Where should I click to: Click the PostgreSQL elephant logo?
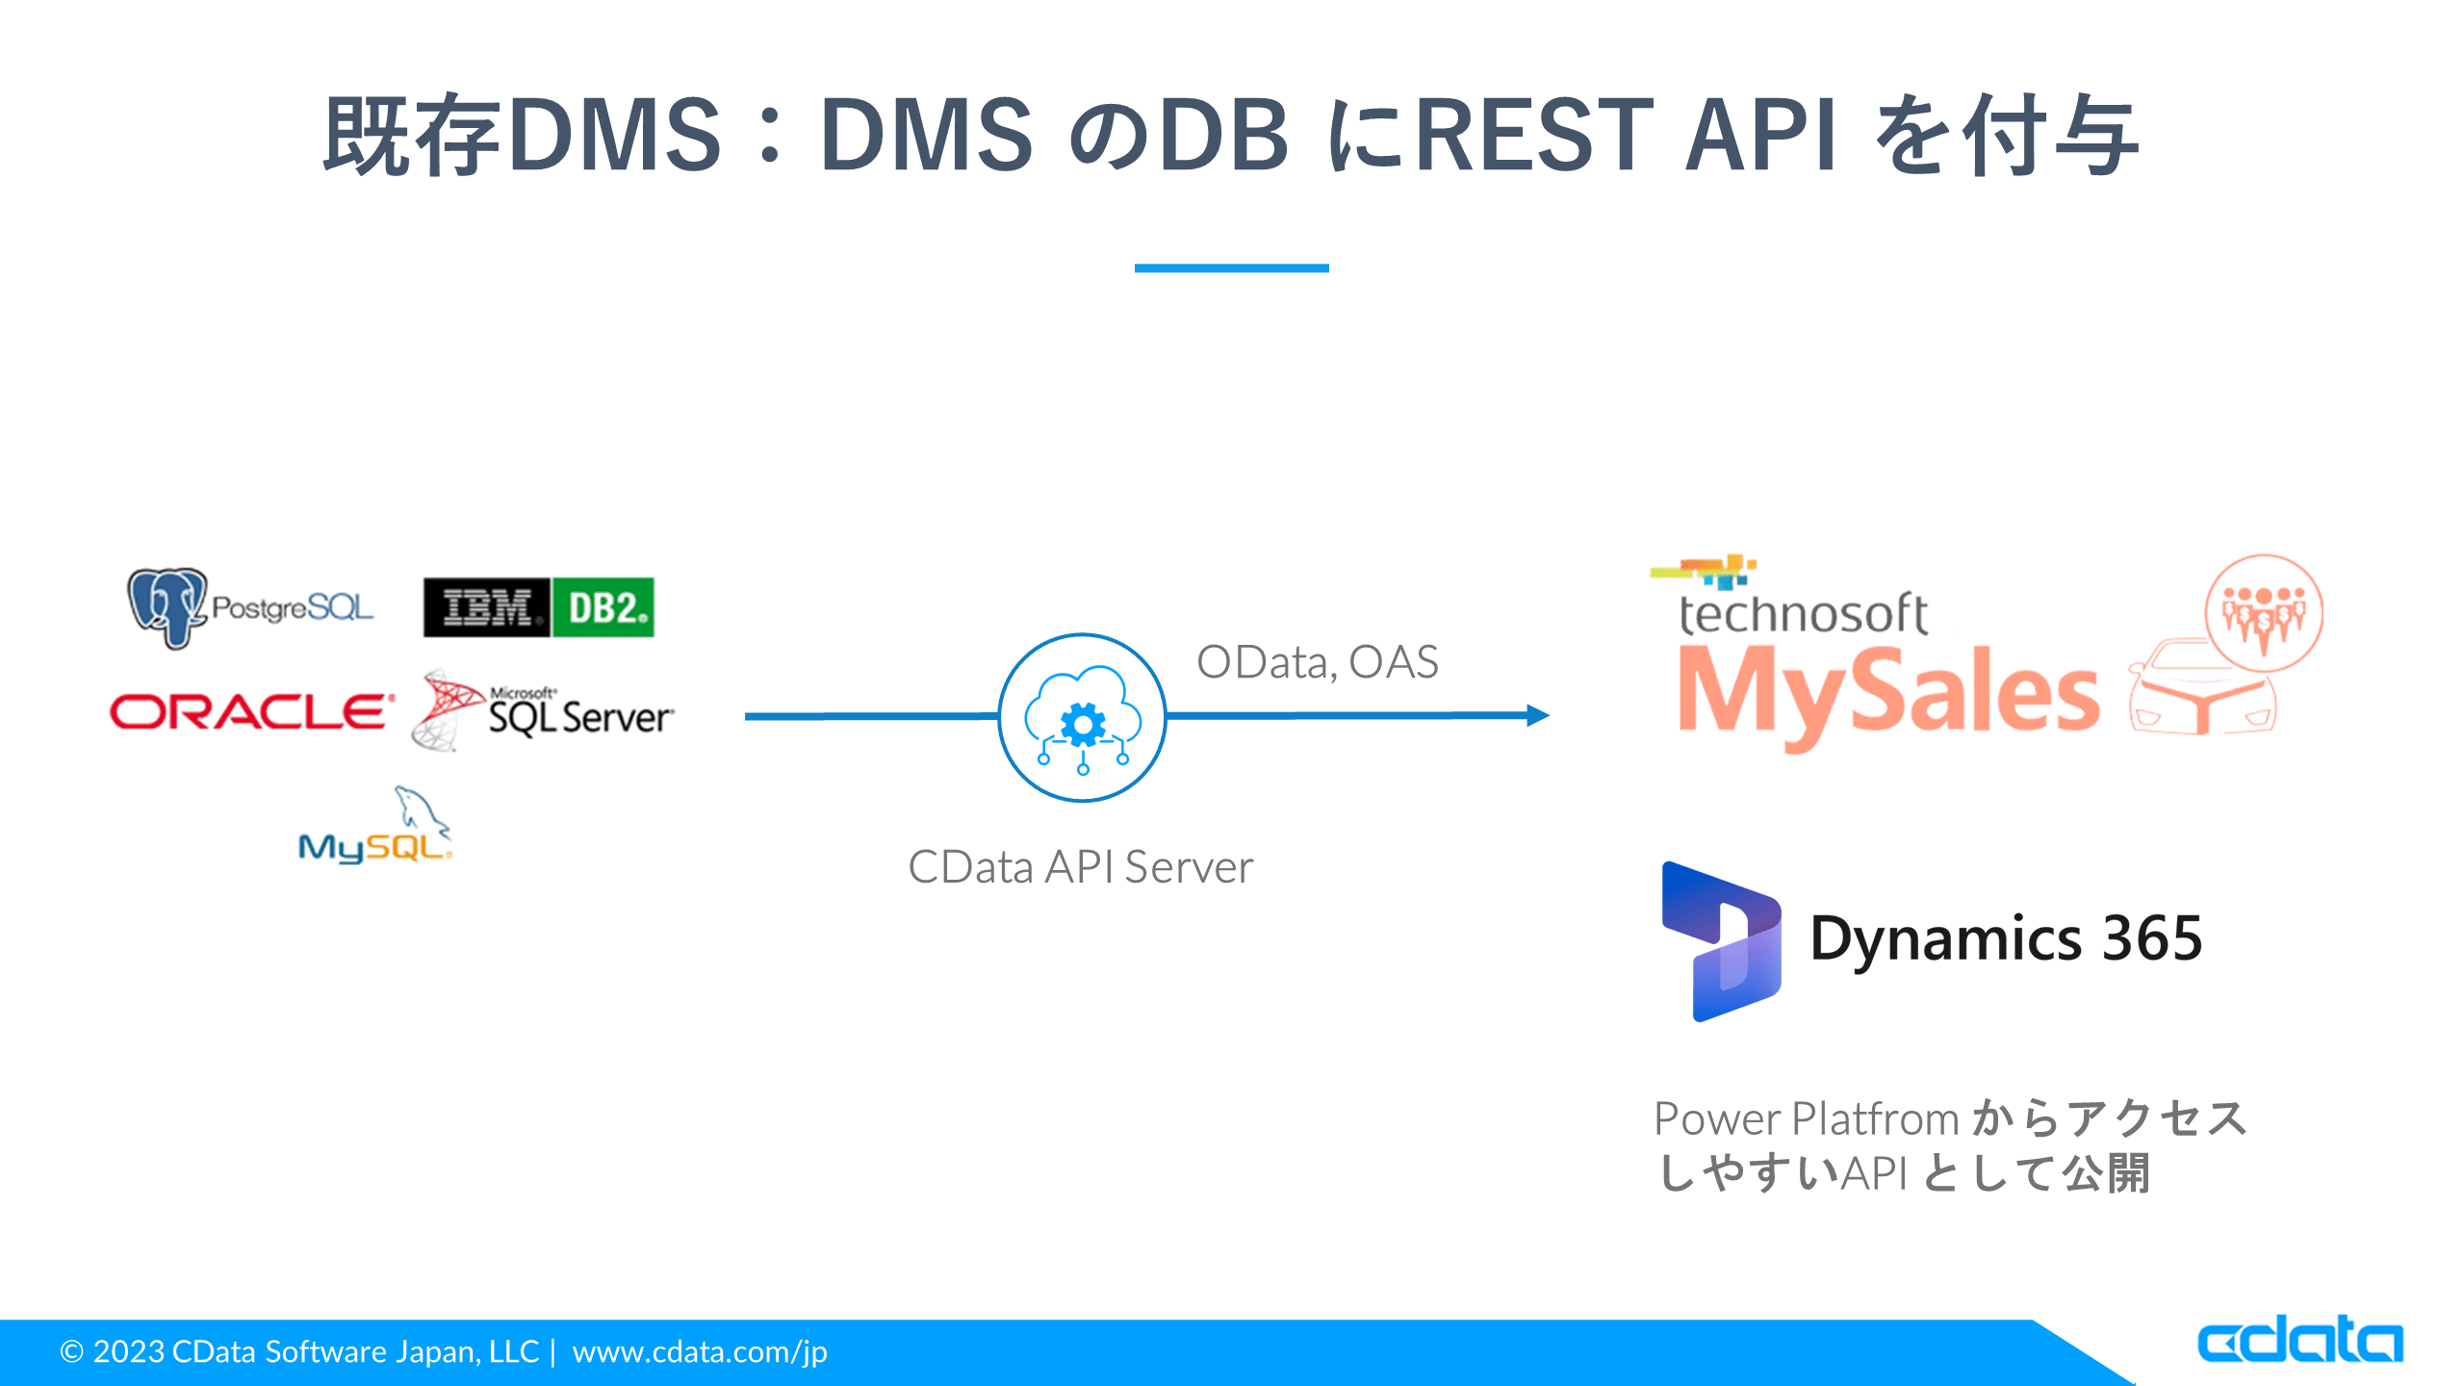tap(167, 606)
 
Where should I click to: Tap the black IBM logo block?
tap(487, 607)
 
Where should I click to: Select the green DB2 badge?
tap(603, 607)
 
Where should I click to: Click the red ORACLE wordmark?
tap(251, 712)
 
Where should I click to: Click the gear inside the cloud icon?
tap(1083, 724)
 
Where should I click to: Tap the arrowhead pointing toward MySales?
tap(1537, 715)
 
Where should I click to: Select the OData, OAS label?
tap(1317, 662)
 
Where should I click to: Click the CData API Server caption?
tap(1080, 867)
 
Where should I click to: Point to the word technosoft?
tap(1803, 614)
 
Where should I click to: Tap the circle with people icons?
tap(2263, 613)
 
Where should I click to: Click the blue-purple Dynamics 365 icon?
tap(1721, 941)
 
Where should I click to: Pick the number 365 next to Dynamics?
tap(2152, 938)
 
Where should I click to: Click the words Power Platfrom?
tap(1806, 1119)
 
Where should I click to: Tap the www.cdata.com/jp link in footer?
tap(700, 1352)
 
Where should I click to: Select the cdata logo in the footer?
tap(2299, 1340)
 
